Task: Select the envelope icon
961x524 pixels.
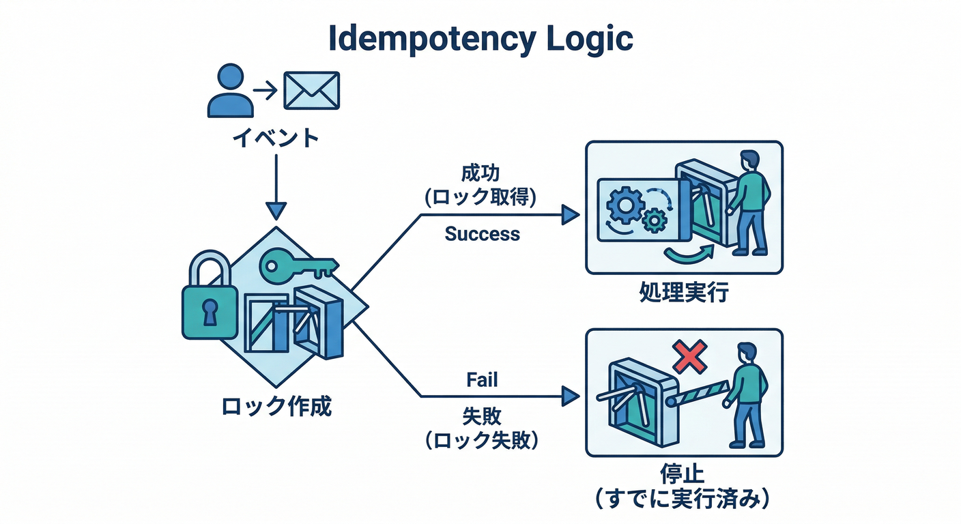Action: [311, 91]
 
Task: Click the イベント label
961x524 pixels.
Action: [276, 138]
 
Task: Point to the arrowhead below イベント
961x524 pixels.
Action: [276, 209]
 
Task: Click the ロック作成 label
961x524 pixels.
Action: [276, 407]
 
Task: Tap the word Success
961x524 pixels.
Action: [482, 234]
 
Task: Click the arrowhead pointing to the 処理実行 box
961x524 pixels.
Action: [570, 216]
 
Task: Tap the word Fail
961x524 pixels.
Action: [482, 379]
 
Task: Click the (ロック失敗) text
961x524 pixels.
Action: [481, 441]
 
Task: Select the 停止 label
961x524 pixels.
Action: [684, 474]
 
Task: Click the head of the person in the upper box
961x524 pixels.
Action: [749, 162]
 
